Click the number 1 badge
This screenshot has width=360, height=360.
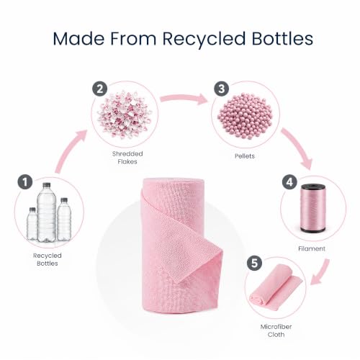coord(25,181)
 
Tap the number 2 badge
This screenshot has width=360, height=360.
coord(100,89)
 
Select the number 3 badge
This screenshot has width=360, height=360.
coord(221,89)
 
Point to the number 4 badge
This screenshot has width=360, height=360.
coord(289,182)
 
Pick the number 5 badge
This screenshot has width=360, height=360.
coord(255,263)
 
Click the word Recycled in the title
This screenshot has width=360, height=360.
coord(204,39)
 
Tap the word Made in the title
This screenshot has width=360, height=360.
coord(78,38)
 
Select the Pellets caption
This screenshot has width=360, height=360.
coord(245,156)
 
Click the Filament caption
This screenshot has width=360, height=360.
coord(312,248)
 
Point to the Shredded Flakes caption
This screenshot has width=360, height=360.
coord(127,158)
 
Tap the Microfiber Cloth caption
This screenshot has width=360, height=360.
coord(276,330)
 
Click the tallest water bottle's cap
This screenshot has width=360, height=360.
coord(47,185)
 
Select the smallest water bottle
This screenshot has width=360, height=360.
coord(32,224)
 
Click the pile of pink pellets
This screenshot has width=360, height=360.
coord(245,114)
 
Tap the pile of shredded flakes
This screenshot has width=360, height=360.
coord(125,114)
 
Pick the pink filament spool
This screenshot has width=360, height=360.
coord(312,208)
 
